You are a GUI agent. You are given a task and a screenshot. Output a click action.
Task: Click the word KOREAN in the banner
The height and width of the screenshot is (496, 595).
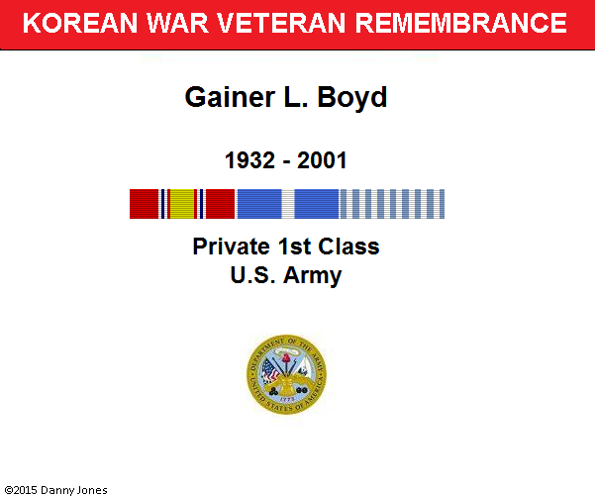tap(80, 23)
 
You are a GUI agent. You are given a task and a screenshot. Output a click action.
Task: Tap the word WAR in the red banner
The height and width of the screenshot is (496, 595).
tap(177, 23)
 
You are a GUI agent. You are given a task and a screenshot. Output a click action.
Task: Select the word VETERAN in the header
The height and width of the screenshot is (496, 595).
tap(281, 23)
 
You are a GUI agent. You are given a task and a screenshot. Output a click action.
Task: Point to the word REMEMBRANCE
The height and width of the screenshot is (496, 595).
tap(461, 23)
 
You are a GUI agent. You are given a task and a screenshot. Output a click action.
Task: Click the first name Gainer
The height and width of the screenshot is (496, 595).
tap(230, 97)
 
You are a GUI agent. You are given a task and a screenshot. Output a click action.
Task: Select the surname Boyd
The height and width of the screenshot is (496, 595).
tap(352, 98)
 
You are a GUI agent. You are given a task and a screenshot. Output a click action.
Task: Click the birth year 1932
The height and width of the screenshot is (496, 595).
tap(249, 160)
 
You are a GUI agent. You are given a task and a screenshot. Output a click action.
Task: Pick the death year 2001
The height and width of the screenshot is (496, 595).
tap(322, 160)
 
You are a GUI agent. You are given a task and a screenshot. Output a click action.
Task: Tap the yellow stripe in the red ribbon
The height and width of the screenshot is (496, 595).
tap(182, 204)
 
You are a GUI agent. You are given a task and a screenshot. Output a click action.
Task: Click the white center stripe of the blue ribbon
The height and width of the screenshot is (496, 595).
tap(288, 204)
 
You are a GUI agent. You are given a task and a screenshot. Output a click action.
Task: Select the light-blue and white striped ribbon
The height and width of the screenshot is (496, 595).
tap(392, 204)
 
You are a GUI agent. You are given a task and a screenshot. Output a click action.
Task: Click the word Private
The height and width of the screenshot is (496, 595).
tap(232, 247)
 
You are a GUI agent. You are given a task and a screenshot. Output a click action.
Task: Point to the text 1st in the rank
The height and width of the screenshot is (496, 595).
tap(295, 247)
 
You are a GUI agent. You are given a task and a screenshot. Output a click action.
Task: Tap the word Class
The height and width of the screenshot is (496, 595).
tap(348, 247)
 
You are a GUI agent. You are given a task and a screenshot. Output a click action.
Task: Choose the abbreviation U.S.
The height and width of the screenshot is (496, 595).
tap(252, 275)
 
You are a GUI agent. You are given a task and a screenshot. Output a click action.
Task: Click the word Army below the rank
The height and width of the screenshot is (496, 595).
tap(312, 276)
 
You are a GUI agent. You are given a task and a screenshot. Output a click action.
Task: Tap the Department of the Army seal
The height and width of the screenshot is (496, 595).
tap(286, 374)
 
